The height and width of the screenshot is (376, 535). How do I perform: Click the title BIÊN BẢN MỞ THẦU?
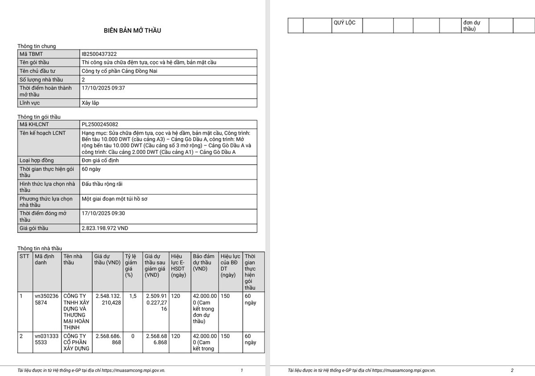(132, 31)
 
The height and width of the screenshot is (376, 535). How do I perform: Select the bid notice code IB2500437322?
(99, 54)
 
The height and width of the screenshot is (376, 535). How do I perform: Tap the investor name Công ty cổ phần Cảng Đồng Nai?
(120, 71)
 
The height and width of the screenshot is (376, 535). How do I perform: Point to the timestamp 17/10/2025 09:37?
(103, 88)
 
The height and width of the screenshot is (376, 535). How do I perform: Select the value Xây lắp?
(91, 103)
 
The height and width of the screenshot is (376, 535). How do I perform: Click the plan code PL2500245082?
(100, 124)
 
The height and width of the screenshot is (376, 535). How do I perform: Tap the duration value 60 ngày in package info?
(91, 169)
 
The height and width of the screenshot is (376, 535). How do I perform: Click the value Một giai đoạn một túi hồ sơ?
(115, 199)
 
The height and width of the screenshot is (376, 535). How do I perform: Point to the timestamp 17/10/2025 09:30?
(103, 213)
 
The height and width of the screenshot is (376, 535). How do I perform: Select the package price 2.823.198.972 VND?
(105, 228)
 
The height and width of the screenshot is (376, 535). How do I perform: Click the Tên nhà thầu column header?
(73, 259)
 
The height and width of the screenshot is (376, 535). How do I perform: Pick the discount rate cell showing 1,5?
(132, 296)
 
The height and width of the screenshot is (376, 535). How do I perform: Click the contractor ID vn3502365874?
(46, 299)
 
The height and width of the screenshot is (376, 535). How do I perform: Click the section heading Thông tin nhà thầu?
(40, 248)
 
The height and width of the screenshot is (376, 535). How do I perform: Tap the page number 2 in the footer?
(512, 370)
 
